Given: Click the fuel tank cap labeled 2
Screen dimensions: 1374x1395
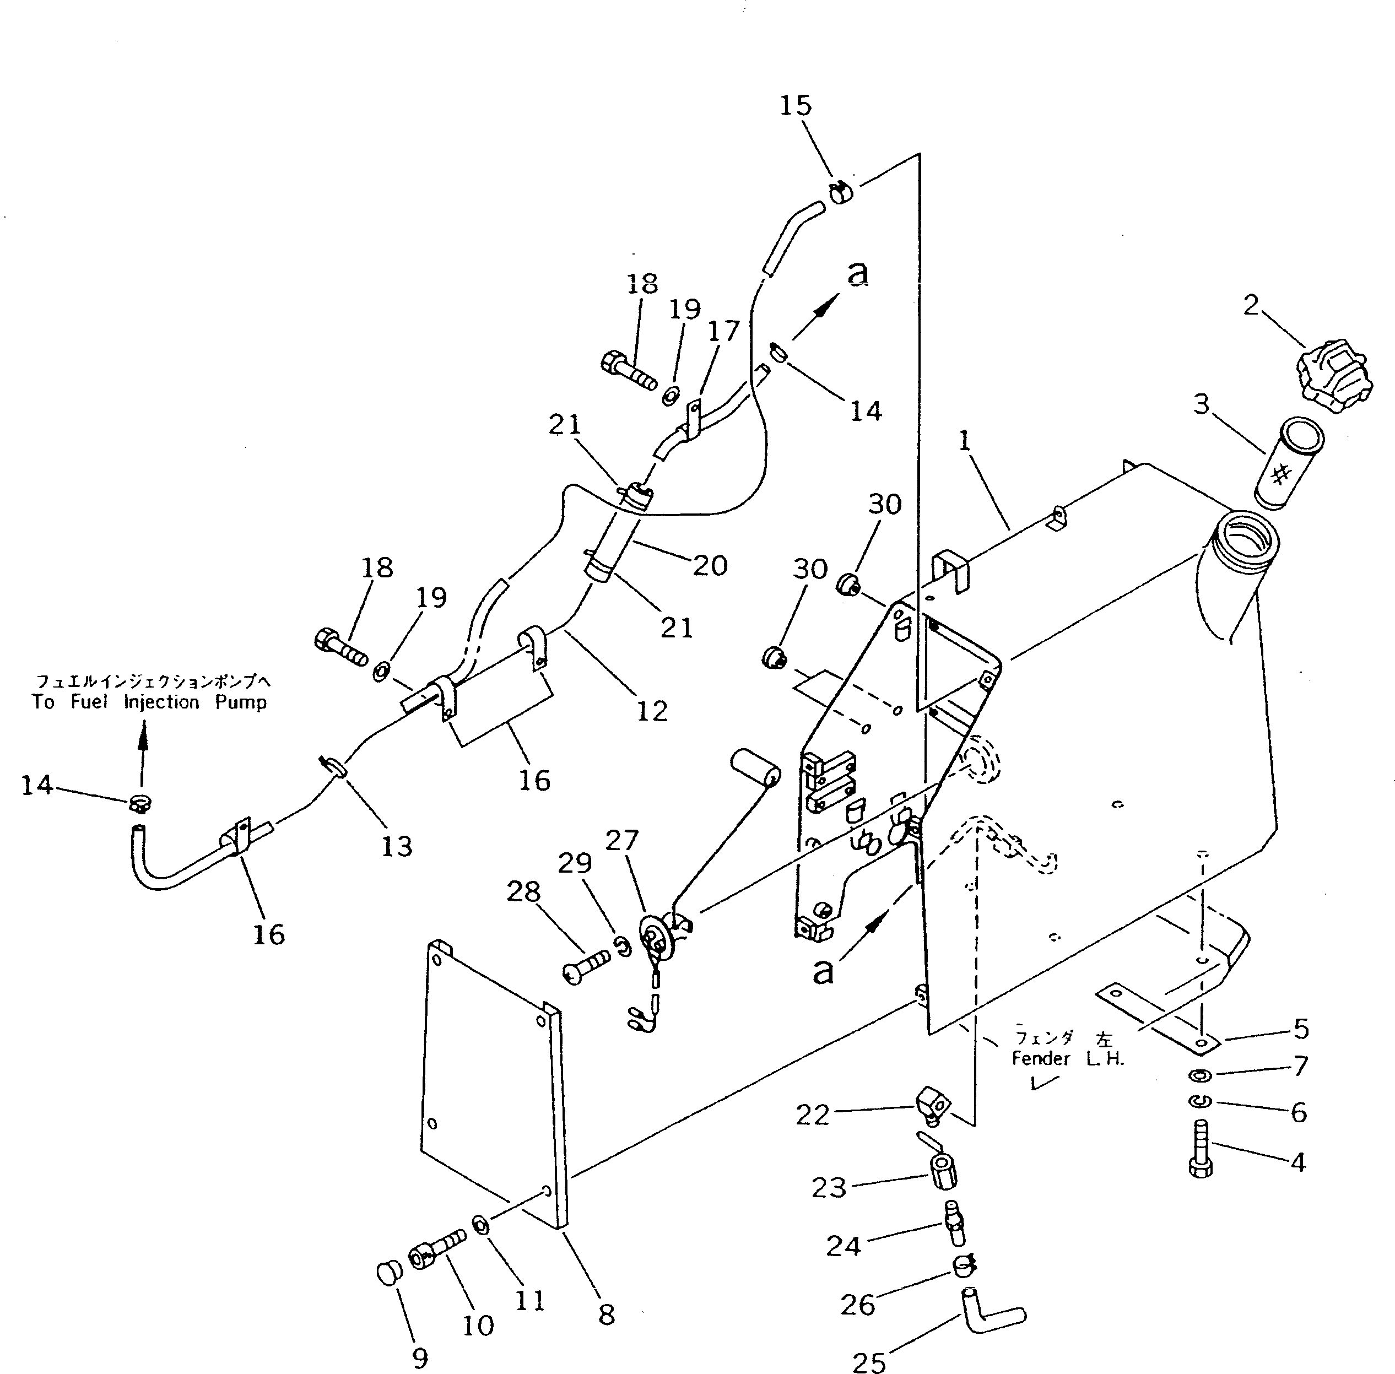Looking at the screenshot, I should tap(1334, 376).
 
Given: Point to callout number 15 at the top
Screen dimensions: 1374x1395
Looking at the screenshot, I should tap(795, 106).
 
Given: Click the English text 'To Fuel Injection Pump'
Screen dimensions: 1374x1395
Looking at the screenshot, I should tap(149, 702).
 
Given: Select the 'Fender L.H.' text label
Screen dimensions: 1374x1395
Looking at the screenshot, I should tap(1067, 1059).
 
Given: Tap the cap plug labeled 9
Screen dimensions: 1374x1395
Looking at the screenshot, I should tap(389, 1272).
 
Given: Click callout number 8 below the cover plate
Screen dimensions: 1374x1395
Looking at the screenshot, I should tap(606, 1315).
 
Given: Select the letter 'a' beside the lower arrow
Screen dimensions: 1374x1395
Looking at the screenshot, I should tap(823, 971).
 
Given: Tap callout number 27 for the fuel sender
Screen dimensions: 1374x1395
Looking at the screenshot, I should tap(621, 840).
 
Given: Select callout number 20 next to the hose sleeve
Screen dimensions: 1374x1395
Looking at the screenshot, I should tap(710, 565).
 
